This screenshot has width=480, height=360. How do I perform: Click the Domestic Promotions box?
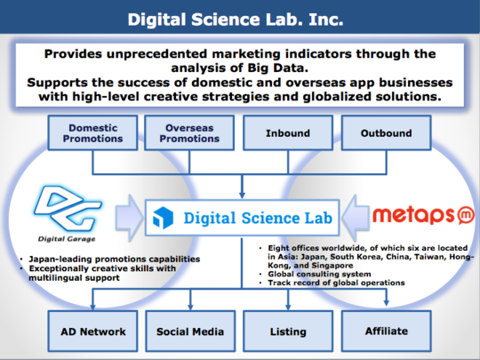coord(92,132)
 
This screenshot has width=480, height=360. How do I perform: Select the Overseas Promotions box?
coord(189,132)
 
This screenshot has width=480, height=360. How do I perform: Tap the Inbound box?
coord(288,132)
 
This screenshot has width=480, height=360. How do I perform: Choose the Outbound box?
coord(386,132)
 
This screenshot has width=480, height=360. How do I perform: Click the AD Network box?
coord(92,331)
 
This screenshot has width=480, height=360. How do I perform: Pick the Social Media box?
coord(190,331)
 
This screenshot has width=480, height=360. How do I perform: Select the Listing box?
coord(288,331)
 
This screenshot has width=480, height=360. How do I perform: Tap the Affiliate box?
coord(386,331)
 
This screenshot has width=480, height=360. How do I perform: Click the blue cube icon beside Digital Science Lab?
coord(163,218)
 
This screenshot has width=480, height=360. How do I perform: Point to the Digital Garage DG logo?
coord(68,209)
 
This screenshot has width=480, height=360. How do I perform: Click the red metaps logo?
coord(423,215)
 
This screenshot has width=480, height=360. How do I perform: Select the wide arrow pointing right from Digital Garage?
coord(129,217)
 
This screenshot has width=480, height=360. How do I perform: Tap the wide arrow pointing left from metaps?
coord(356,217)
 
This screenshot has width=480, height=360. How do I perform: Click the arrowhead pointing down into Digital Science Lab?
coord(242,195)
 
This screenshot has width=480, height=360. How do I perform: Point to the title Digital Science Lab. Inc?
coord(236,20)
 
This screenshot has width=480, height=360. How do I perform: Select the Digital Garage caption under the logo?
coord(67,239)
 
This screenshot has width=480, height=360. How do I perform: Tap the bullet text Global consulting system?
coord(319,274)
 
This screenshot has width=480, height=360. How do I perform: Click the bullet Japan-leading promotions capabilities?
coord(114,259)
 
